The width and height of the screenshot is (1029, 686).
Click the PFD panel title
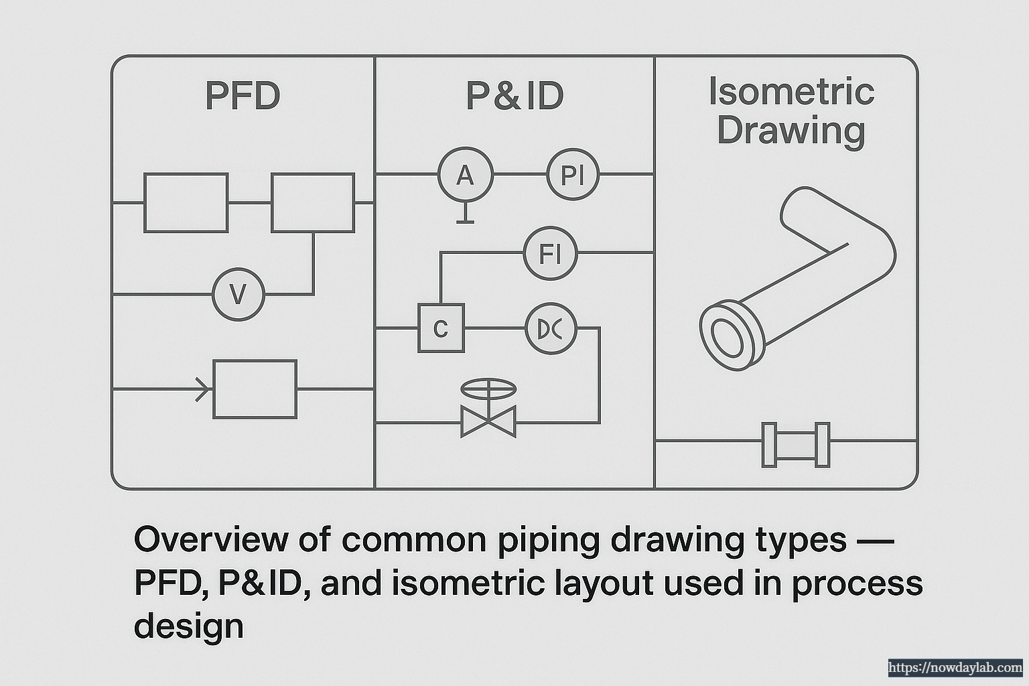(x=243, y=96)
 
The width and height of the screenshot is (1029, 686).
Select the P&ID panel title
(x=514, y=96)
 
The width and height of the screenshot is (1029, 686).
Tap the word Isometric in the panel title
(x=791, y=91)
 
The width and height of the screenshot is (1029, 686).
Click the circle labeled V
(x=238, y=294)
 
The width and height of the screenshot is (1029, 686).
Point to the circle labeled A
(x=465, y=175)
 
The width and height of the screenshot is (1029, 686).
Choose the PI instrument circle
(x=573, y=175)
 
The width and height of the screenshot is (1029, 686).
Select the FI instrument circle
(x=550, y=253)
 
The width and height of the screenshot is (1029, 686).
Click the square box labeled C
(x=441, y=328)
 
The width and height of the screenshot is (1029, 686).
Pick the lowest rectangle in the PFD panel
(x=255, y=389)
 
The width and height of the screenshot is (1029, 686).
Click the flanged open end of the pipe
(x=728, y=336)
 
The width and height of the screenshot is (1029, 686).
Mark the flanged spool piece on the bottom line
(x=796, y=444)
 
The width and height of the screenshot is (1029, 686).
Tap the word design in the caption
(x=189, y=626)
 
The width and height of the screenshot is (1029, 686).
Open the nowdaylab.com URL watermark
(x=955, y=667)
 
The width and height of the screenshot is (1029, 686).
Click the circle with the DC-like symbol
(x=551, y=328)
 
